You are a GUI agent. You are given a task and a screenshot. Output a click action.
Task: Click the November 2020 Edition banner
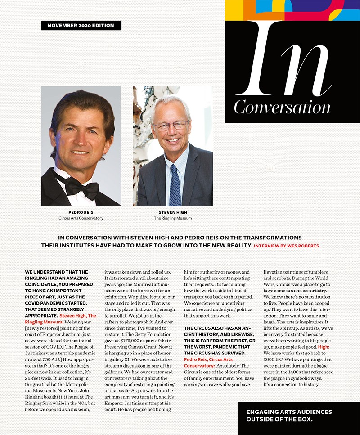coord(81,25)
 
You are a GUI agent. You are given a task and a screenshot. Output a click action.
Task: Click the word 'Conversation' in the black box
coord(282,107)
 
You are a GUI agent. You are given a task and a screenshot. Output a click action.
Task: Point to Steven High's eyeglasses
coord(171,126)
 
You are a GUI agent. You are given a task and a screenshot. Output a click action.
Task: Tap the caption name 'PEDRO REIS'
coord(81,212)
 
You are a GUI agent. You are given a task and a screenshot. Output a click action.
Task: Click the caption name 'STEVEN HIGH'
coord(173,212)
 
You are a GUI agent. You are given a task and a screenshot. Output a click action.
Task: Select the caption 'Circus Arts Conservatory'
coord(81,218)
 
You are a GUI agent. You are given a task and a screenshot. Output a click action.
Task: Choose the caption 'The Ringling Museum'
coord(173,218)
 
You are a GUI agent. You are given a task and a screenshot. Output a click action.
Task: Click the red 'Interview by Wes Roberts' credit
coord(287,246)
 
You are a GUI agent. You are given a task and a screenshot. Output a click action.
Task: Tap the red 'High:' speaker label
coord(324,347)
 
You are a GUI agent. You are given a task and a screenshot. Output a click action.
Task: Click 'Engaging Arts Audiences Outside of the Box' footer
coord(289,415)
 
